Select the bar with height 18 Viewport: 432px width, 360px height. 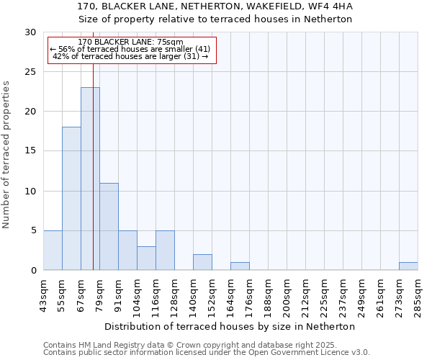pyautogui.click(x=71, y=199)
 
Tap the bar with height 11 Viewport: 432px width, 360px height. pyautogui.click(x=109, y=226)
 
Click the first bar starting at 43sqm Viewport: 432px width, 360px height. pyautogui.click(x=53, y=250)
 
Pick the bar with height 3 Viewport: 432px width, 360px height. pyautogui.click(x=146, y=258)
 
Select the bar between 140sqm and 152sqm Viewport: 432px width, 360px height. pyautogui.click(x=202, y=262)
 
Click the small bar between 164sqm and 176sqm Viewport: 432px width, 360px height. pyautogui.click(x=240, y=266)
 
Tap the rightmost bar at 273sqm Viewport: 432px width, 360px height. pyautogui.click(x=408, y=266)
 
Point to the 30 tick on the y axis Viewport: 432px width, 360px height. pyautogui.click(x=31, y=32)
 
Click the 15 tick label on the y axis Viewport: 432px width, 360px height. pyautogui.click(x=31, y=151)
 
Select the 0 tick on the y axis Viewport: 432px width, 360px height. pyautogui.click(x=33, y=271)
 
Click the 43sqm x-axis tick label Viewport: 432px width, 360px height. pyautogui.click(x=44, y=295)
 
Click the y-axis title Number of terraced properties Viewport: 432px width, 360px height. pyautogui.click(x=6, y=154)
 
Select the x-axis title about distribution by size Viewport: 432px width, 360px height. pyautogui.click(x=230, y=326)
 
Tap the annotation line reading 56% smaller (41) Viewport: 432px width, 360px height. pyautogui.click(x=130, y=49)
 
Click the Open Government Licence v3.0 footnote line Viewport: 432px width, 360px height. pyautogui.click(x=207, y=353)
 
